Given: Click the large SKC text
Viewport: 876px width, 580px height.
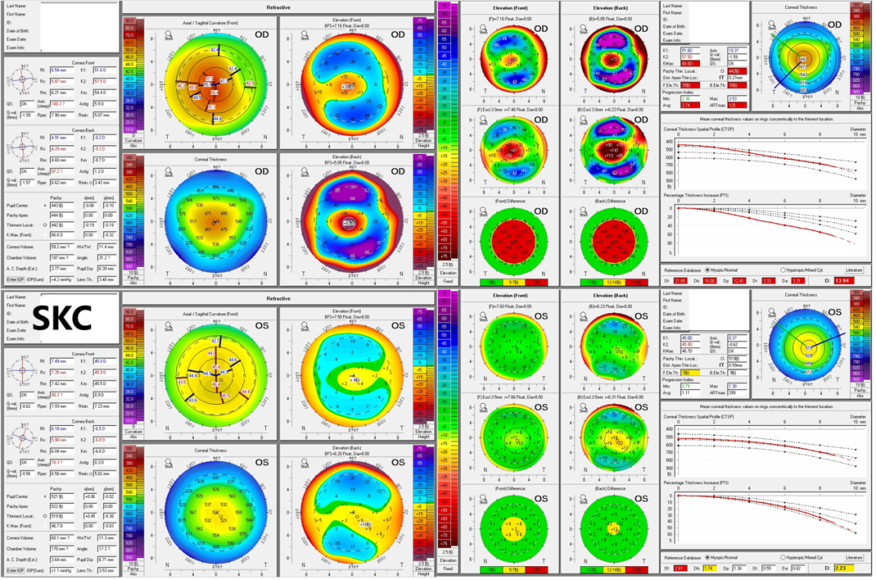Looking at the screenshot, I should click(x=61, y=319).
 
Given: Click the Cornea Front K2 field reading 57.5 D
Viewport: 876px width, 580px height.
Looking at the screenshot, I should click(x=101, y=81).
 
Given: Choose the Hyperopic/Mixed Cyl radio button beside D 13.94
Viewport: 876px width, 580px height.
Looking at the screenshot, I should click(x=783, y=269).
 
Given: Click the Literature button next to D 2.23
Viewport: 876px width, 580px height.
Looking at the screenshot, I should click(x=853, y=558).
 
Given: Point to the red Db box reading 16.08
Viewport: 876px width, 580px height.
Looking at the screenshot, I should click(x=709, y=280).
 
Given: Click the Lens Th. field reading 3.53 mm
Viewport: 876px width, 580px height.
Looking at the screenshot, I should click(x=105, y=571).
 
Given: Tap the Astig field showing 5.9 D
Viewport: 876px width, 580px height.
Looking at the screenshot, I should click(x=102, y=102).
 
